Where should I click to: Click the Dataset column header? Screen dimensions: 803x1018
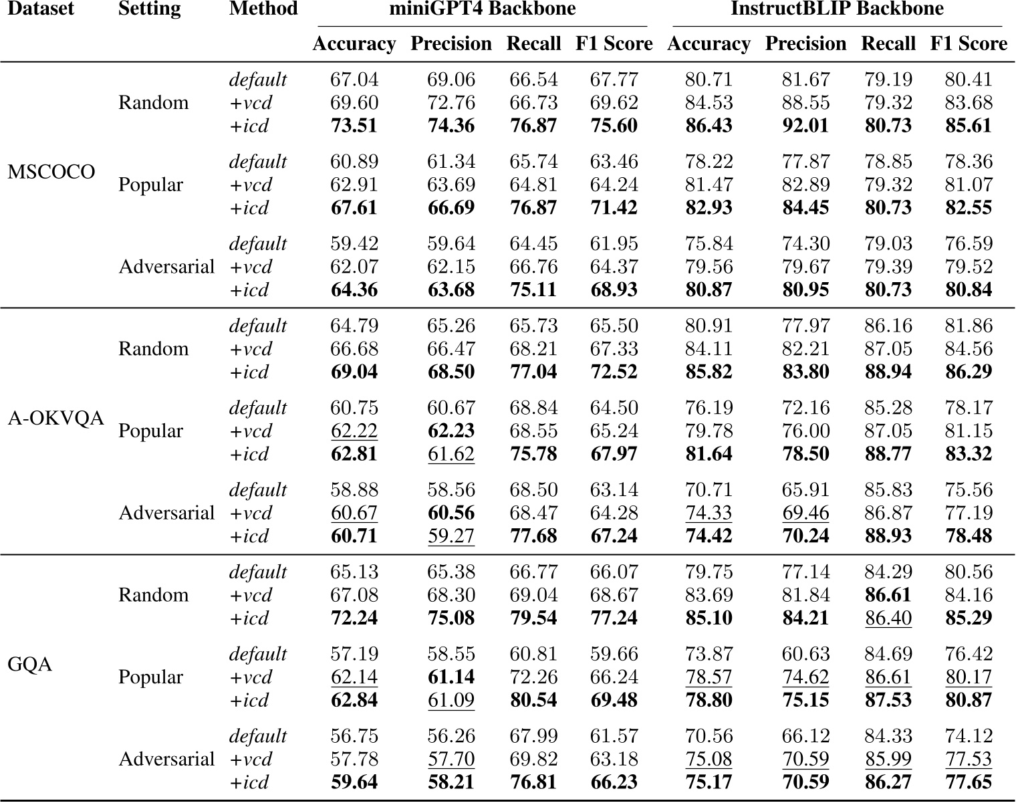tap(40, 9)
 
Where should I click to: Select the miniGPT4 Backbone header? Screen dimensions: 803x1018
tap(483, 9)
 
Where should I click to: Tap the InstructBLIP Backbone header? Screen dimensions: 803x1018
tap(837, 9)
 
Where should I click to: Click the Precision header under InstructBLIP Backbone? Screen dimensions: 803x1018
tap(805, 44)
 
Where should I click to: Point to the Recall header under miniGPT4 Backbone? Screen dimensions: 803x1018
tap(533, 44)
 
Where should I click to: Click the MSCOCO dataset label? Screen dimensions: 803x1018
tap(51, 172)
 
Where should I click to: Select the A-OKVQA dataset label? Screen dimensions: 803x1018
tap(56, 419)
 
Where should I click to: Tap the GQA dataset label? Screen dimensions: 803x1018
tap(30, 665)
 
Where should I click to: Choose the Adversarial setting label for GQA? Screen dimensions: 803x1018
tap(166, 760)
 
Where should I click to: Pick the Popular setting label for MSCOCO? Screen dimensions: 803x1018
tap(150, 185)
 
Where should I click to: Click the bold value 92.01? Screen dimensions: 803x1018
tap(805, 126)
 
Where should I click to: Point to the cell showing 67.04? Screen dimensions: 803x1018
tap(354, 80)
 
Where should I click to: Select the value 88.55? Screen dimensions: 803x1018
tap(805, 103)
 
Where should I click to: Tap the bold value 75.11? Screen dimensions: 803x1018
tap(533, 290)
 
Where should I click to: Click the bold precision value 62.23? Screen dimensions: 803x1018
tap(451, 431)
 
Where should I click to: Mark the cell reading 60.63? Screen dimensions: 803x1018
tap(805, 654)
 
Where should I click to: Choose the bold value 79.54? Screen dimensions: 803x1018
tap(533, 618)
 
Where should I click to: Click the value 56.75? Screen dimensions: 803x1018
tap(354, 736)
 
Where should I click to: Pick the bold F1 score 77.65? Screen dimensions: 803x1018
tap(969, 782)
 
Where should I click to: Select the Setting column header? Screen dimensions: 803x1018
tap(149, 9)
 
